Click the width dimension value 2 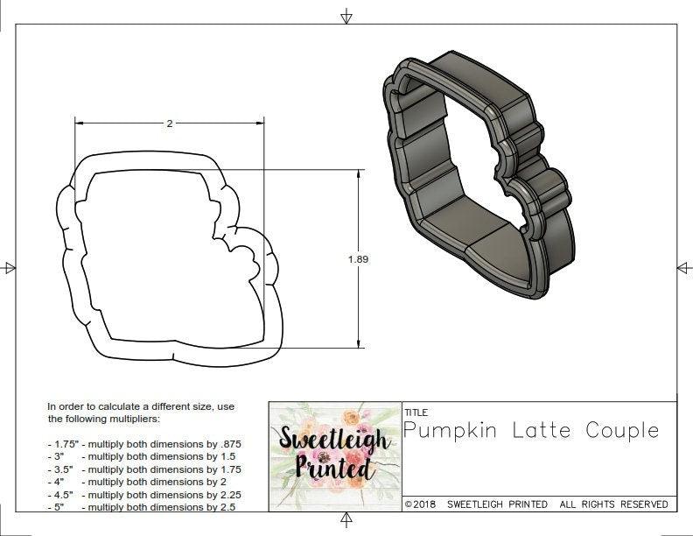coord(169,123)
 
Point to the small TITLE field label coord(416,412)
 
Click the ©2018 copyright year coord(422,504)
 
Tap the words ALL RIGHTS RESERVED coord(614,504)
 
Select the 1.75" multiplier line coord(143,444)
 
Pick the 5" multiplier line coord(139,506)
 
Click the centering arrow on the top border coord(346,16)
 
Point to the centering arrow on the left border coord(9,267)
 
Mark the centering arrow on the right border coord(684,267)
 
